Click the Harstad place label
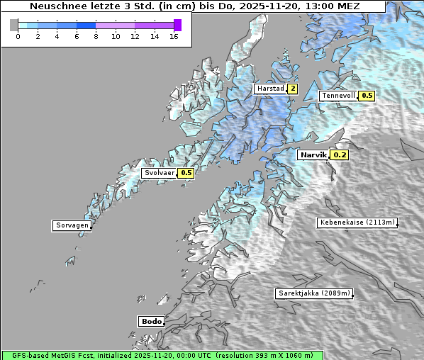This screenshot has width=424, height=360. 270,89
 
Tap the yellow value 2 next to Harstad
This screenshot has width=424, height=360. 292,89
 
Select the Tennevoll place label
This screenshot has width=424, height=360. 338,96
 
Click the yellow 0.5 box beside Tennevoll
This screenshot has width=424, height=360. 367,96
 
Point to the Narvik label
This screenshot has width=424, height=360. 313,154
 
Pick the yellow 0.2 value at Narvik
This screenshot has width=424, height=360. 340,154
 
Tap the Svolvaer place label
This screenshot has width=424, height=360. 159,173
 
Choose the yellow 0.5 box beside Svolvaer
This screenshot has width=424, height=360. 186,173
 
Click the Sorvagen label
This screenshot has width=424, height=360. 72,226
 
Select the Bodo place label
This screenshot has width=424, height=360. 151,321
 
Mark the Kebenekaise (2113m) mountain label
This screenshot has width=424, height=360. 357,223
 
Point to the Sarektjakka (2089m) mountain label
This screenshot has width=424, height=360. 313,293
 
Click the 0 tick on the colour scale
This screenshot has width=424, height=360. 18,35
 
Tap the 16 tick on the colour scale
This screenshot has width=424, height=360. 174,35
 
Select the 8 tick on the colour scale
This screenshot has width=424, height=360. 96,35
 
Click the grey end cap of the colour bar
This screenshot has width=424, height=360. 14,25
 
